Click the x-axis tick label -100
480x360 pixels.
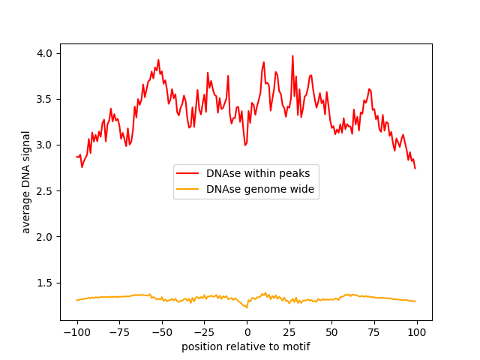click(76, 332)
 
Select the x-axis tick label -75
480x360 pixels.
click(119, 332)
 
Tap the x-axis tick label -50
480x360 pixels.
click(161, 332)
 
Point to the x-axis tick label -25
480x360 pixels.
click(204, 332)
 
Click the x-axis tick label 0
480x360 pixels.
click(247, 332)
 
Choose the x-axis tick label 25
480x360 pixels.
click(289, 332)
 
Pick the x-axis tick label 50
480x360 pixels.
click(331, 332)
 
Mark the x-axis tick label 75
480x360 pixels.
click(374, 332)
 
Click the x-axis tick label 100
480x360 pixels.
click(417, 332)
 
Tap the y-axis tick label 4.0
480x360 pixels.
click(45, 53)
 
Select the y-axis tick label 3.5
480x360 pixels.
click(45, 99)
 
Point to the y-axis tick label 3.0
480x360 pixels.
click(45, 145)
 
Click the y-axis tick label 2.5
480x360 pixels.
click(45, 191)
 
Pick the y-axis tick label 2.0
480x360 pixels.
click(45, 237)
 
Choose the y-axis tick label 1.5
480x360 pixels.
click(45, 283)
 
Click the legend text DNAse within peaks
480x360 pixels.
click(258, 173)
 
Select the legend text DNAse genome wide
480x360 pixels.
click(258, 190)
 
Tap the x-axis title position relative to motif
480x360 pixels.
click(246, 346)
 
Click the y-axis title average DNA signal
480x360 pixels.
click(26, 182)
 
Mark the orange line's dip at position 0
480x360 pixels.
click(247, 307)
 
